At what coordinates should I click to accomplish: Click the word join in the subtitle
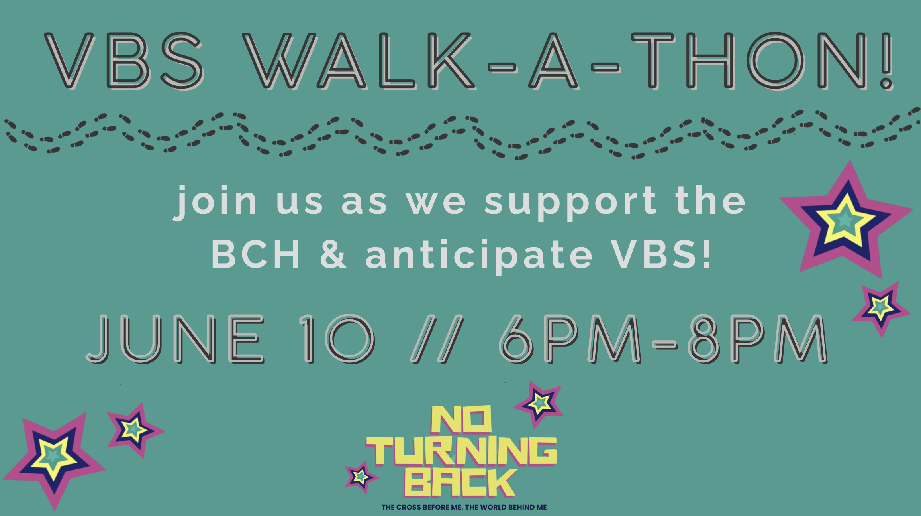coord(215,202)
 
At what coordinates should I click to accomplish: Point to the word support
coord(570,203)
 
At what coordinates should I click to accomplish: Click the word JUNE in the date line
coord(175,339)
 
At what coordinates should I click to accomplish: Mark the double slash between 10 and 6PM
coord(437,339)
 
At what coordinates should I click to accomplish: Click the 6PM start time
coord(570,339)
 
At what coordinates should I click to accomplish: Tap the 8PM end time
coord(757,339)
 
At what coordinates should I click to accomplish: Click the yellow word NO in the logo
coord(461,419)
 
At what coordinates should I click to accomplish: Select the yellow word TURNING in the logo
coord(461,451)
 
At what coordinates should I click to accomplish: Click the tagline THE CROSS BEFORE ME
coord(422,507)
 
